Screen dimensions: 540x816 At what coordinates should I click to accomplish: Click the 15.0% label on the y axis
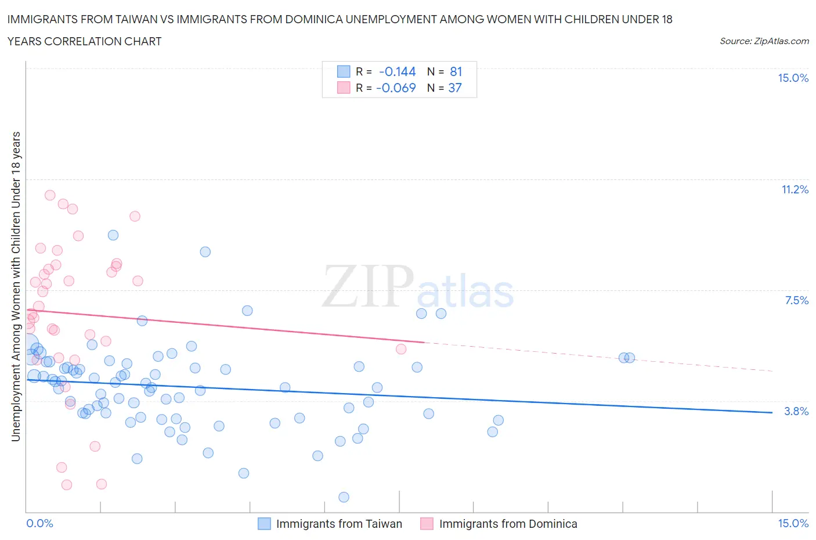793,78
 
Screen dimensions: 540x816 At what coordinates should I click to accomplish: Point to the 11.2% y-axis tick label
795,189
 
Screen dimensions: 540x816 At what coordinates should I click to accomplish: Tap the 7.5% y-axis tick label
796,300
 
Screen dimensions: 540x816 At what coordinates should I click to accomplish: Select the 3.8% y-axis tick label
796,411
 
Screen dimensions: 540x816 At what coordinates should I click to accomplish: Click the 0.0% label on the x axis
39,523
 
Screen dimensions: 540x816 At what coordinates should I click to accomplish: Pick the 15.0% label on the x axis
793,523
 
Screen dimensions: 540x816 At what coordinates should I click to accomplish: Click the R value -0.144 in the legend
397,71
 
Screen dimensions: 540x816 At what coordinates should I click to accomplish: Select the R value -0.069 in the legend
396,88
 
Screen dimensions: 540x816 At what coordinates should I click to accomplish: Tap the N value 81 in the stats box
456,71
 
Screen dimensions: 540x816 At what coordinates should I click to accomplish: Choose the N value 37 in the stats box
455,88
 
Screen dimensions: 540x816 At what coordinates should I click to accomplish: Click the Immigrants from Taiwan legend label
339,524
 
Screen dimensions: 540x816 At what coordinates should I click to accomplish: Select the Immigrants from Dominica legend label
508,524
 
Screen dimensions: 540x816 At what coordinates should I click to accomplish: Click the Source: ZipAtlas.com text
764,41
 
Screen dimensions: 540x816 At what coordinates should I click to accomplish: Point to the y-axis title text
16,286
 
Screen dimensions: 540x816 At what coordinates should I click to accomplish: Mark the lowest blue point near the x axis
344,497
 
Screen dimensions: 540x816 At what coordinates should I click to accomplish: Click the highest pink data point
50,195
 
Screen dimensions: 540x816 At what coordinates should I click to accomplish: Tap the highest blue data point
113,235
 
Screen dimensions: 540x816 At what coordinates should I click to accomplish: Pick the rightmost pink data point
401,349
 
